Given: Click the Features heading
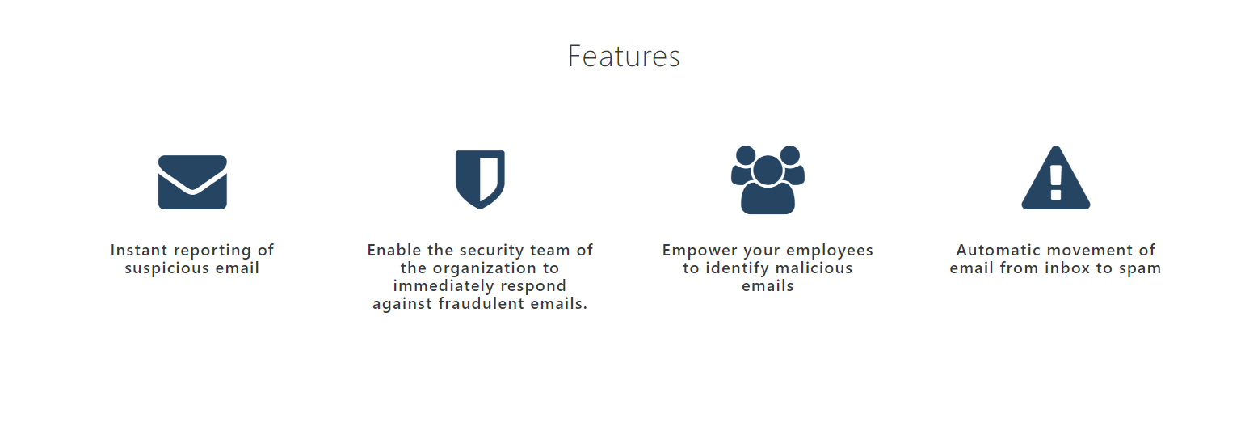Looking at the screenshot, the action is (x=624, y=56).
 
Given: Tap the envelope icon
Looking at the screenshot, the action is (x=192, y=183).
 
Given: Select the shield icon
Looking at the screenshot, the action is (x=480, y=179).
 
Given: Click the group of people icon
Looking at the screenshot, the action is (x=768, y=179).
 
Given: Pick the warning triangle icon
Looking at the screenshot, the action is (x=1055, y=178).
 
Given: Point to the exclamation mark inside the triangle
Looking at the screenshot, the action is (x=1056, y=183).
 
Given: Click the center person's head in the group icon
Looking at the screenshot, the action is (x=768, y=170).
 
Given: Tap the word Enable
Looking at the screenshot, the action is (x=394, y=250).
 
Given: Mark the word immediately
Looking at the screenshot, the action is (x=443, y=287).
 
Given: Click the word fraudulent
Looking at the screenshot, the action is (x=481, y=304).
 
